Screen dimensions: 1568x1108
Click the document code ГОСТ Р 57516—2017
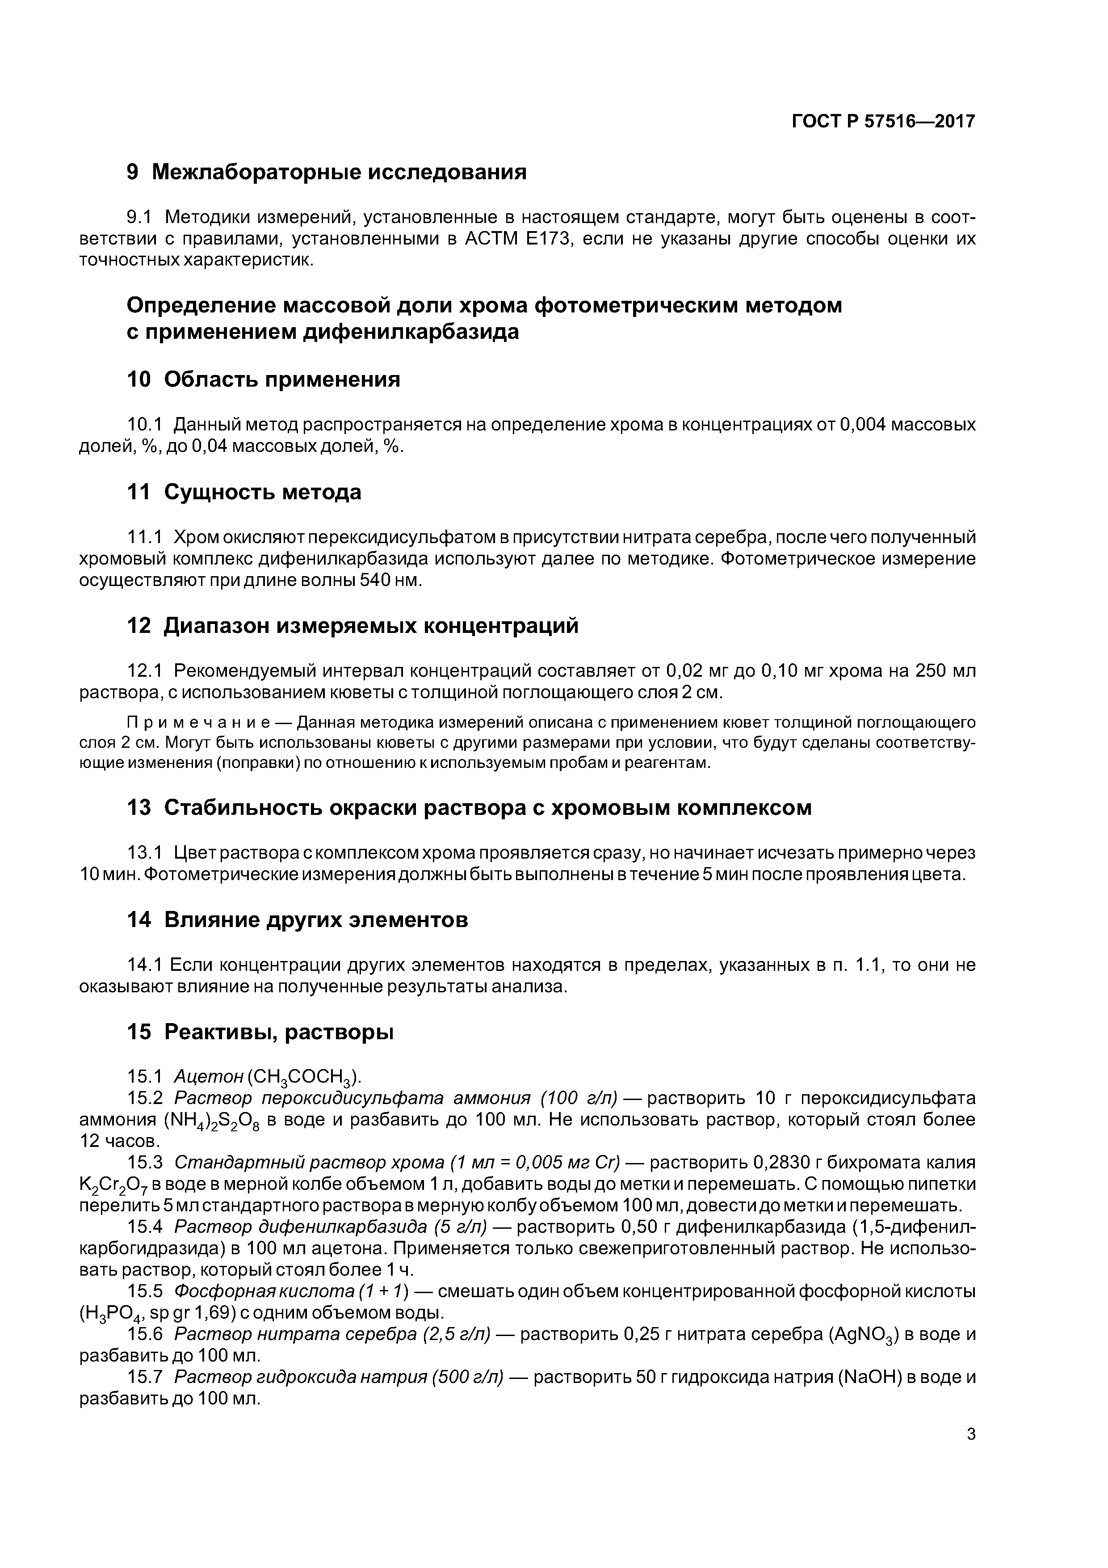click(883, 122)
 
